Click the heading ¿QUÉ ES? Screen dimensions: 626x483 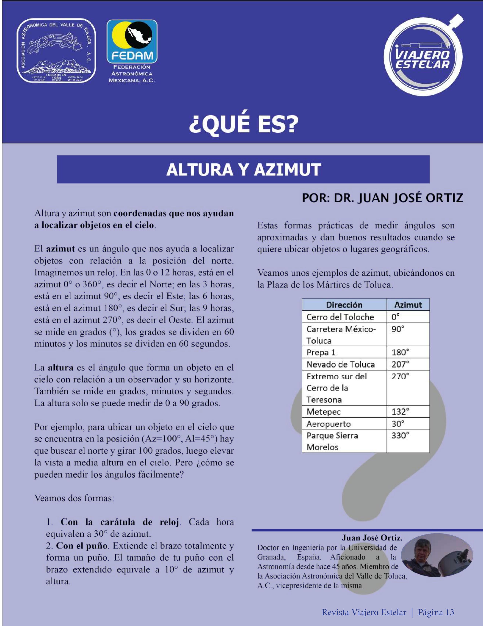(x=243, y=124)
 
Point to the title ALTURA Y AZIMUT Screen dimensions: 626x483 (x=243, y=169)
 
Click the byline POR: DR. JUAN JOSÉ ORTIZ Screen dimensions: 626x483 (x=382, y=198)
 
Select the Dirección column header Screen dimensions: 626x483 (x=344, y=305)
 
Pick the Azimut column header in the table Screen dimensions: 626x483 (x=408, y=305)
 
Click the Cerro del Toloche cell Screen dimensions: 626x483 (x=340, y=317)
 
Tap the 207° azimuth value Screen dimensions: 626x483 (x=400, y=364)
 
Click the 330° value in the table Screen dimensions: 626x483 (x=400, y=436)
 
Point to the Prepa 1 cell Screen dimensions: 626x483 (x=321, y=353)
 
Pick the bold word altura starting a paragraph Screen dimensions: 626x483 (x=60, y=368)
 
